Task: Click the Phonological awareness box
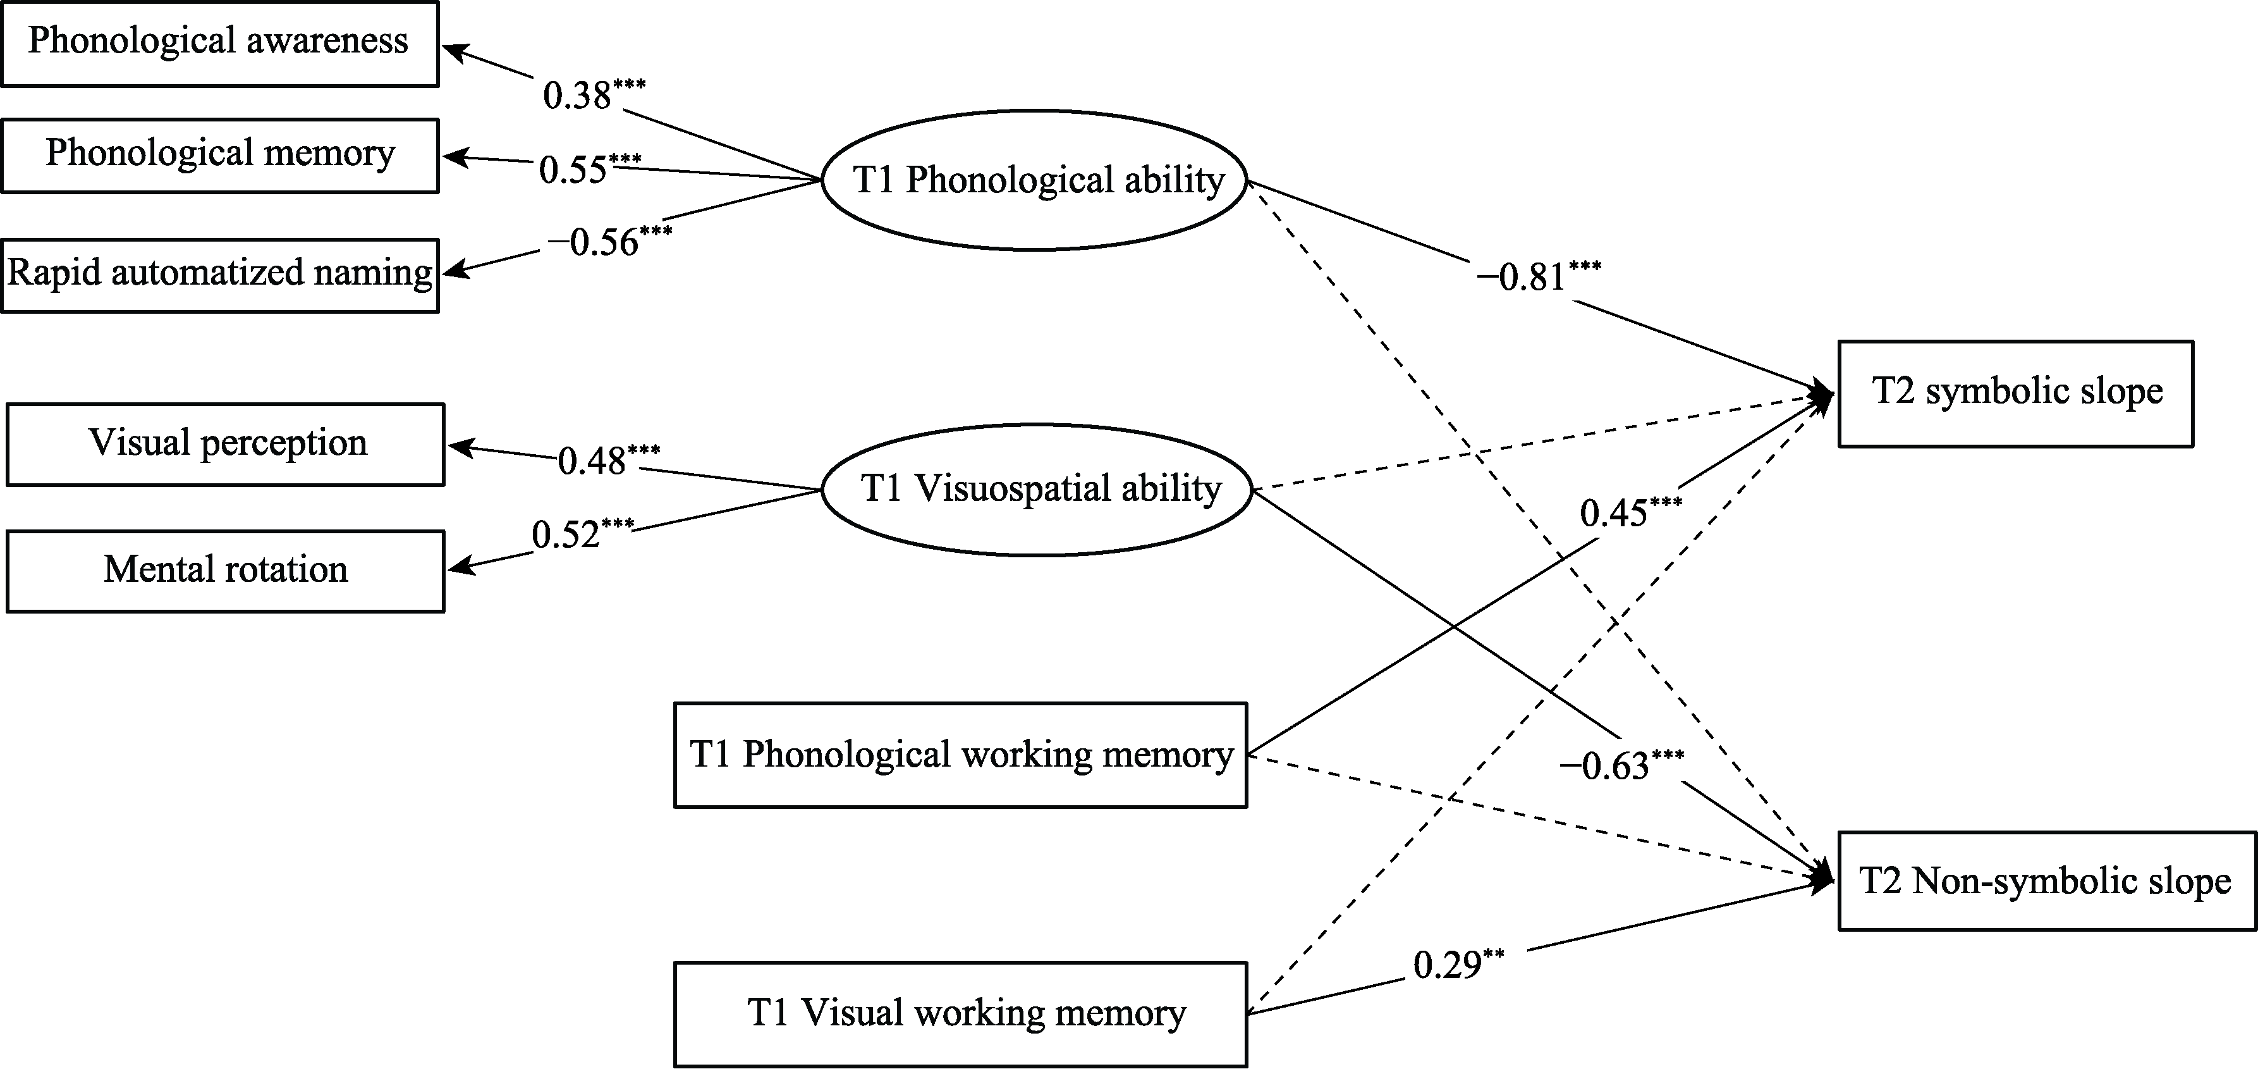(219, 43)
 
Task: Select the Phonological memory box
(219, 155)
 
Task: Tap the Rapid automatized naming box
(219, 275)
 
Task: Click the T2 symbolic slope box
(2016, 393)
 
